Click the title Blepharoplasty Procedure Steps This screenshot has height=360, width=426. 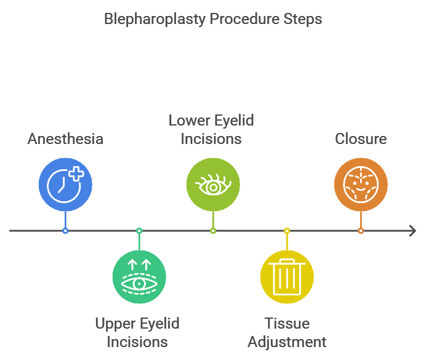pos(212,19)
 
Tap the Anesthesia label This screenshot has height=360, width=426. pos(65,138)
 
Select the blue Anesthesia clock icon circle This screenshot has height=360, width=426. pos(65,184)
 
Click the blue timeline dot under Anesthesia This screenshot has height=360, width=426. pos(65,231)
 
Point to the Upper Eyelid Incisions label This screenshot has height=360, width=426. pos(137,332)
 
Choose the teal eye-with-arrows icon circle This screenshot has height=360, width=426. pos(139,277)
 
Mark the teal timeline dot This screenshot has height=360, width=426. pos(139,231)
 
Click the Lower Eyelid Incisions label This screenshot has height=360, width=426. pos(211,129)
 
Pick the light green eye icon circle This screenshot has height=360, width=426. pos(213,184)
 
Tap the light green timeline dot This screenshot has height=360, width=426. pos(213,231)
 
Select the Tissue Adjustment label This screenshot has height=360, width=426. pos(286,332)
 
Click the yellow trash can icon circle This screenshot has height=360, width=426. pos(287,277)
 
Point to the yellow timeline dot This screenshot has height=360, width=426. pos(287,231)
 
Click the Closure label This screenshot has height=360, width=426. pos(361,138)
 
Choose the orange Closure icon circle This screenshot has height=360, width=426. pos(361,184)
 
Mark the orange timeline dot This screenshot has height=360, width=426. pos(361,231)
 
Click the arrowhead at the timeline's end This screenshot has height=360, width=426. pos(412,231)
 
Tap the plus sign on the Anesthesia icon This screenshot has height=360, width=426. pos(76,174)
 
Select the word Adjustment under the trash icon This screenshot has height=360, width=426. pos(286,342)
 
